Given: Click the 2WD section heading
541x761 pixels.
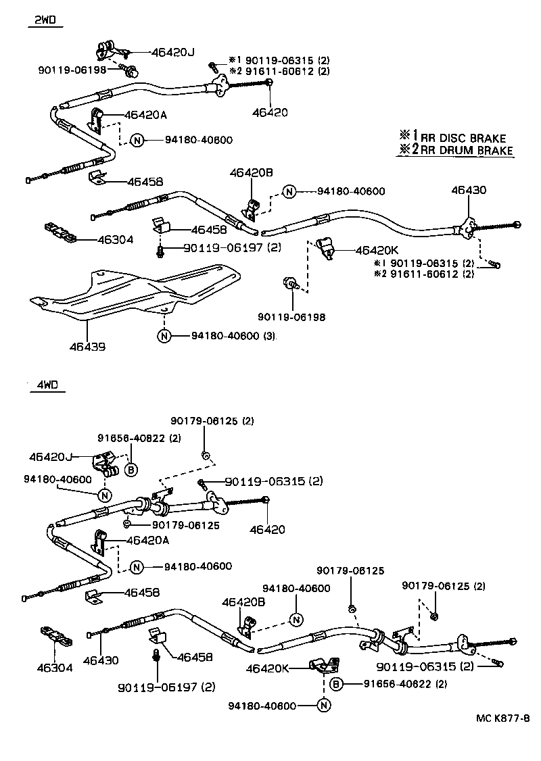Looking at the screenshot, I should point(46,22).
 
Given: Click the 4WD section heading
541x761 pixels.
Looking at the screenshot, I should point(47,385).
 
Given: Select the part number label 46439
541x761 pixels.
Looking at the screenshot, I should point(87,347).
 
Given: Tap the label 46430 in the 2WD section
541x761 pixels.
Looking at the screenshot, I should point(469,191).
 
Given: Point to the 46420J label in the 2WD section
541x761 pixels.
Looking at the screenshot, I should point(172,51).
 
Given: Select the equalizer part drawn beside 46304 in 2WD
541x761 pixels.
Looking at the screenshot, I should point(60,231).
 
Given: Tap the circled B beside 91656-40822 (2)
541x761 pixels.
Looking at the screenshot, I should point(131,470).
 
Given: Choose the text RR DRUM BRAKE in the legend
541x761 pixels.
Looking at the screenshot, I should point(467,151).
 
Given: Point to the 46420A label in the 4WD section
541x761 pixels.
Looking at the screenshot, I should point(147,541).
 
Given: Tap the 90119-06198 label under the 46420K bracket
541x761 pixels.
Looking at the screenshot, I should point(291,316).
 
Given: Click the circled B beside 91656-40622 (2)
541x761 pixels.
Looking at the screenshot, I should point(335,684).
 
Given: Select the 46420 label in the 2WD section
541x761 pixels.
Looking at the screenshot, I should point(270,112).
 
